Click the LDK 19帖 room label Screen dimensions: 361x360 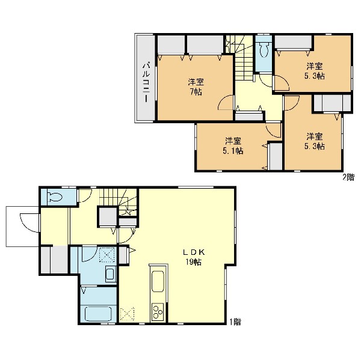pos(194,257)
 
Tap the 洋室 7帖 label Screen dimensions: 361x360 pos(196,87)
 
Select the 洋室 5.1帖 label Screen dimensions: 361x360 pos(233,145)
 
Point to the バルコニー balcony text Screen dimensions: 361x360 pos(146,83)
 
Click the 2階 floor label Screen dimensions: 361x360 pos(348,177)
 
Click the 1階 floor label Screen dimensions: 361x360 pos(235,322)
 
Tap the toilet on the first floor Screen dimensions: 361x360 pos(54,197)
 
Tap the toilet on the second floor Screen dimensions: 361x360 pos(264,50)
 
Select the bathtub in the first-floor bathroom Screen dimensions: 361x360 pos(98,314)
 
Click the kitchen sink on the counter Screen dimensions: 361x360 pos(158,281)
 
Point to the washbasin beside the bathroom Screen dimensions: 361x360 pos(110,273)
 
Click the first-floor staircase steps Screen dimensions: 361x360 pos(118,202)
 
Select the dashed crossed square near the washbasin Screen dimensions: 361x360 pos(107,254)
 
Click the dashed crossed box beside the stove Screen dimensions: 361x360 pos(127,314)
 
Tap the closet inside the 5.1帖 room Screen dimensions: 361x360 pos(276,156)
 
